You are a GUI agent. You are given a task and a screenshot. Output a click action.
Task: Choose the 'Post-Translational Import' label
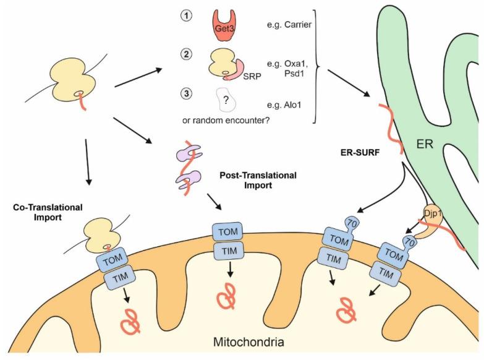pyautogui.click(x=258, y=180)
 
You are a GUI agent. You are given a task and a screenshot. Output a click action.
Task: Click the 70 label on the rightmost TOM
pyautogui.click(x=409, y=238)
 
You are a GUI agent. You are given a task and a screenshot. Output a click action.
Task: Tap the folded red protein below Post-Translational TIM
pyautogui.click(x=226, y=296)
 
